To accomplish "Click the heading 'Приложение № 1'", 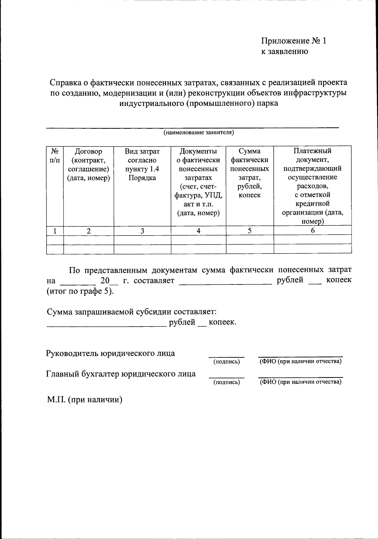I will (x=294, y=41).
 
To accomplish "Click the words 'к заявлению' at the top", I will (x=284, y=51).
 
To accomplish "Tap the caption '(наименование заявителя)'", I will (x=198, y=132).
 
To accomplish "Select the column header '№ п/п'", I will (x=55, y=156).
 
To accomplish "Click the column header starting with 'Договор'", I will (x=89, y=165).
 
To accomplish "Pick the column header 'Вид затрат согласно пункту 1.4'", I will (x=142, y=165).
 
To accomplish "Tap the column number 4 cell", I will (x=198, y=231).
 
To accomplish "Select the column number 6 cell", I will (x=312, y=231).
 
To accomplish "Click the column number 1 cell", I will (x=55, y=231).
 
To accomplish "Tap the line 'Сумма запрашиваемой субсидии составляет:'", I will (x=132, y=312).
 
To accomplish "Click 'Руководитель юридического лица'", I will (x=111, y=353).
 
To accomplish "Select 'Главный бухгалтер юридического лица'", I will (x=121, y=374).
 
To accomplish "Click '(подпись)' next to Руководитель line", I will (x=226, y=362).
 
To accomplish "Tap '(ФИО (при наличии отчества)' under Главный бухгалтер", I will (x=300, y=382).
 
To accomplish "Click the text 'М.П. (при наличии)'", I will (x=84, y=400).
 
